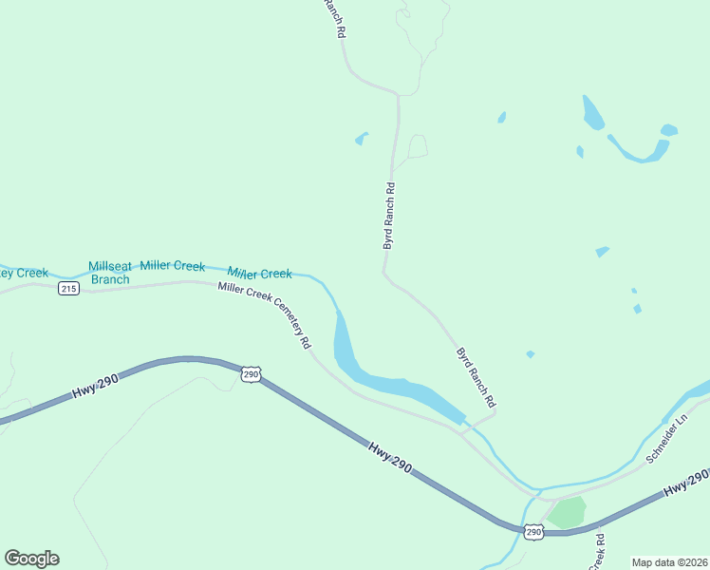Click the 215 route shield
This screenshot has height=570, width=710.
pos(67,288)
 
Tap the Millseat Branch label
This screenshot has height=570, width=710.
pos(109,273)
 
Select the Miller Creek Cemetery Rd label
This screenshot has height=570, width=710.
pos(265,316)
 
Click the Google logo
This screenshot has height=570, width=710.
pos(31,558)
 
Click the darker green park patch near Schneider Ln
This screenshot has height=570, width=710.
pos(568,512)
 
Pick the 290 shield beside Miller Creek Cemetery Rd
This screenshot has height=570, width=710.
pos(250,375)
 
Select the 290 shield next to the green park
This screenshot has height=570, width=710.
pos(532,532)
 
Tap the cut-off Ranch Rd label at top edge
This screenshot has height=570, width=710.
pos(334,17)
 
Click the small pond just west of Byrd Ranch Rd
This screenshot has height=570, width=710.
pos(361,140)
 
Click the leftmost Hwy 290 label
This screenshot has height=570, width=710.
pos(96,386)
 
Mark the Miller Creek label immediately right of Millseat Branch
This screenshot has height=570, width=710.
pos(173,266)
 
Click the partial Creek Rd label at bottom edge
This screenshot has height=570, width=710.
pos(599,552)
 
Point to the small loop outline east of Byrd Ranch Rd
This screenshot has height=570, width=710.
pos(417,145)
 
